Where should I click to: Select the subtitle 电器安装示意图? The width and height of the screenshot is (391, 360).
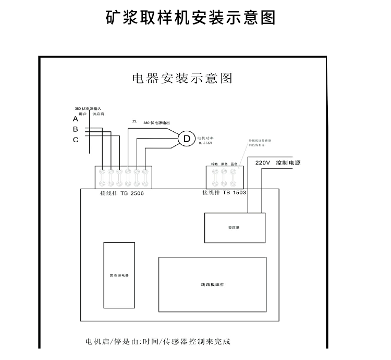click(181, 78)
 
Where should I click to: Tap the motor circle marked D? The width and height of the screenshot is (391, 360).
click(186, 139)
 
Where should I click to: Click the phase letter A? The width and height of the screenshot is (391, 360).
click(76, 119)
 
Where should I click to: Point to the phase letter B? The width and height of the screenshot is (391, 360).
click(76, 129)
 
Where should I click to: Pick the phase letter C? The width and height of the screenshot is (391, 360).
click(76, 140)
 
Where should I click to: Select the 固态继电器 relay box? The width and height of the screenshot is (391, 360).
click(119, 275)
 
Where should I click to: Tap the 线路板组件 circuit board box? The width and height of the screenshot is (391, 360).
click(212, 284)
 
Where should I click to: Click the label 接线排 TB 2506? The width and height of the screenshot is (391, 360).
click(122, 193)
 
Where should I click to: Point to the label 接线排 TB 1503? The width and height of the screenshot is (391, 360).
click(224, 192)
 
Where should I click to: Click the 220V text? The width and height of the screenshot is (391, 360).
click(262, 163)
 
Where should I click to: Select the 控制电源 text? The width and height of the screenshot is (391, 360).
click(288, 163)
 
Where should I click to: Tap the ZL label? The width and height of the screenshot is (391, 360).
click(135, 121)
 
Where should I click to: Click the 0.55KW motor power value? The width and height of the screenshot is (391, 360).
click(206, 142)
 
